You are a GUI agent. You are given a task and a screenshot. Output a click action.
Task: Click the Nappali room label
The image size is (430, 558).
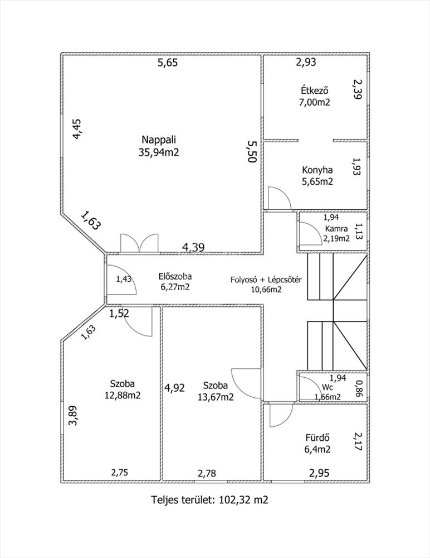tap(159, 139)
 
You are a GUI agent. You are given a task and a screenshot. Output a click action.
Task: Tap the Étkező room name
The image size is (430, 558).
tap(315, 90)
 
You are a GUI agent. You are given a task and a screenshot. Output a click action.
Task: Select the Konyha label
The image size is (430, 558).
tap(317, 170)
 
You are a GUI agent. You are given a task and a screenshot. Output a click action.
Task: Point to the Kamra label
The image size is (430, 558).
tap(336, 229)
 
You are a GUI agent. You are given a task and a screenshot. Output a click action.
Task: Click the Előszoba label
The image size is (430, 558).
tap(175, 276)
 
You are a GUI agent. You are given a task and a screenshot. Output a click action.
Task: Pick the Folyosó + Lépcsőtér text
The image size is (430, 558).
tap(266, 280)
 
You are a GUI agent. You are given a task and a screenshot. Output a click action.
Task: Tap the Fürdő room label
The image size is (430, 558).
tap(317, 437)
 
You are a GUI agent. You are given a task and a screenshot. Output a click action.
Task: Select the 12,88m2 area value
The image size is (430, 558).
tap(123, 395)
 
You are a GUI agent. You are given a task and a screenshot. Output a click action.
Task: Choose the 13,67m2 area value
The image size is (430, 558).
tap(216, 396)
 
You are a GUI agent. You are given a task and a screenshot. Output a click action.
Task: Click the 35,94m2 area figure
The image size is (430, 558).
tap(159, 152)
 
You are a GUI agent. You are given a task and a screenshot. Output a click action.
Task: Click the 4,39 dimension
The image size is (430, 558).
tap(194, 247)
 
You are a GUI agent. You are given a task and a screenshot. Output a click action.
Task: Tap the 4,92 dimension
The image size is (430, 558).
tap(174, 388)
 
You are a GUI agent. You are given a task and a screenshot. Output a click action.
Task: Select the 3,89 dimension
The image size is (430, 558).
tap(73, 416)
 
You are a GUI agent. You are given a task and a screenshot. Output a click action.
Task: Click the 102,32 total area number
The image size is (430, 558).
tap(234, 499)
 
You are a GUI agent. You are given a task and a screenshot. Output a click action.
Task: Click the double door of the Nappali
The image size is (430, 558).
tap(139, 243)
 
